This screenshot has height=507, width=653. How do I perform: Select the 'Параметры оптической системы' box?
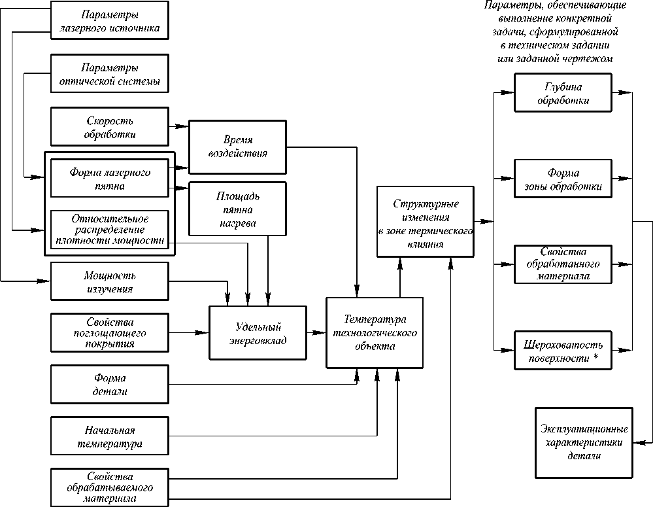[x=109, y=75]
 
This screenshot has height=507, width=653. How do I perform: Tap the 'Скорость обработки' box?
[x=109, y=128]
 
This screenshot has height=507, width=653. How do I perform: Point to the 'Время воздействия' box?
[x=237, y=147]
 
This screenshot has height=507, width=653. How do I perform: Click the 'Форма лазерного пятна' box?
[x=109, y=179]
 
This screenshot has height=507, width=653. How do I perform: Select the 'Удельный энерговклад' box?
[x=258, y=332]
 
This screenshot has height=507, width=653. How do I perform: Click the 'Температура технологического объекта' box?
[x=375, y=332]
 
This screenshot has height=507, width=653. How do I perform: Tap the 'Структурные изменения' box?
[x=425, y=222]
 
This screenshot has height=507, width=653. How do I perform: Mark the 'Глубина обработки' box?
[x=563, y=94]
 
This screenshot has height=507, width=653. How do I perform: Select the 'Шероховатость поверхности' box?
[x=563, y=351]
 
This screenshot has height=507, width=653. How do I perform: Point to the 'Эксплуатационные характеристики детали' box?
[x=584, y=442]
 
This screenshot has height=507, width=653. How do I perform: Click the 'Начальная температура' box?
[x=109, y=436]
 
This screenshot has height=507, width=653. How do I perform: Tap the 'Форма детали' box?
[x=109, y=385]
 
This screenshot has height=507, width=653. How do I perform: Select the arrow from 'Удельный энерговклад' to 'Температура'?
[x=316, y=333]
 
